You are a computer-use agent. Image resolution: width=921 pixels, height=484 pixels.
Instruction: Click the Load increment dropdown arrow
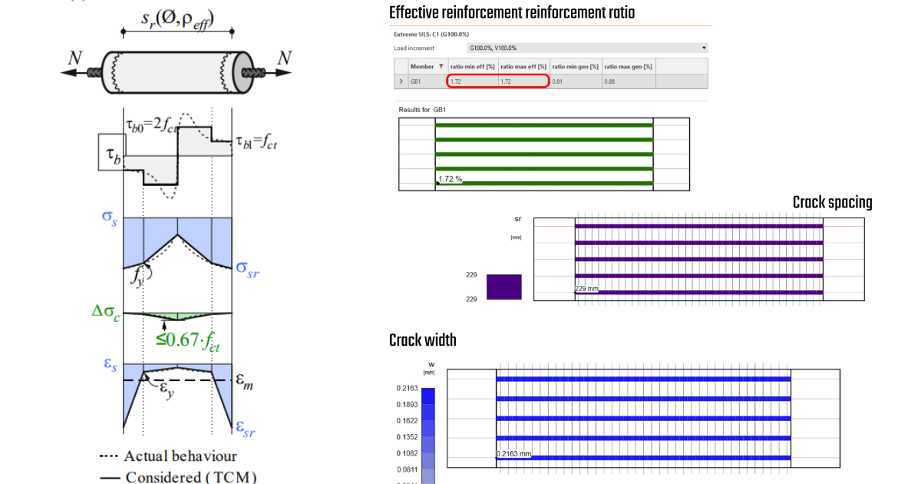tap(704, 48)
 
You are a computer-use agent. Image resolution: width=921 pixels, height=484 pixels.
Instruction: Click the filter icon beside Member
tap(441, 67)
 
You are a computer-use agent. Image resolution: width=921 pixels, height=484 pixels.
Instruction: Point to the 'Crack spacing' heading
tap(832, 202)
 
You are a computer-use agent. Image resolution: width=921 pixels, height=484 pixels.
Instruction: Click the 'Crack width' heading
tap(423, 340)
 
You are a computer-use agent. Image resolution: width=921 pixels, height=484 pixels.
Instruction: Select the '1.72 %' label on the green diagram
tap(450, 179)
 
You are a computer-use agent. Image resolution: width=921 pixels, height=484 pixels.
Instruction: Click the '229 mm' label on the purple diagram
tap(587, 289)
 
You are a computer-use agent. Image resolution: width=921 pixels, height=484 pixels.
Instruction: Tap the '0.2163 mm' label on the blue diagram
tap(514, 453)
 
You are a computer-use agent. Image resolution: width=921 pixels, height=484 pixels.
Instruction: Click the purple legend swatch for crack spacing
tap(503, 287)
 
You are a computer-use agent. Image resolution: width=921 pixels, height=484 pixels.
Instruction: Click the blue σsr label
tap(247, 268)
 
